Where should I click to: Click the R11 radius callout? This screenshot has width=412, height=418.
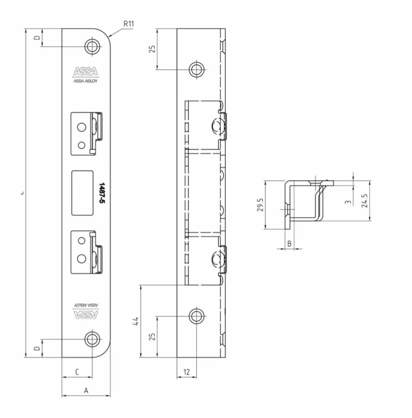coord(129,24)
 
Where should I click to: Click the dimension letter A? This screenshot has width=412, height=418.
coord(86,391)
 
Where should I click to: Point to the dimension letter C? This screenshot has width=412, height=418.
coord(77,372)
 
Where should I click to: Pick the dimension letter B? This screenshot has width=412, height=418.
coord(289,243)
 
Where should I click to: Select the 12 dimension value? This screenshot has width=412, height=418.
coord(187,372)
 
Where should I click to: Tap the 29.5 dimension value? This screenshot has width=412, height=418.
coord(261,205)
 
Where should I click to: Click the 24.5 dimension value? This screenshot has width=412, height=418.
coord(365,201)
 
